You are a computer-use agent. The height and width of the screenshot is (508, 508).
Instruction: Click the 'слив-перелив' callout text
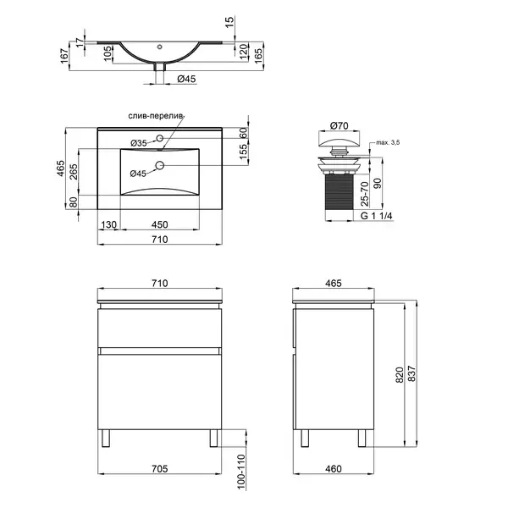[x=156, y=116]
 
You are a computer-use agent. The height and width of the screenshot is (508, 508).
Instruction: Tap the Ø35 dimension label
[x=139, y=143]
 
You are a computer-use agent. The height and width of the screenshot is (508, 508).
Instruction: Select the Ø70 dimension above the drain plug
[x=340, y=125]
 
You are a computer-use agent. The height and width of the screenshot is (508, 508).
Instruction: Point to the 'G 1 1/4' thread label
[x=377, y=216]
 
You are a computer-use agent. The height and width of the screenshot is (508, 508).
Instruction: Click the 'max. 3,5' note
[x=388, y=142]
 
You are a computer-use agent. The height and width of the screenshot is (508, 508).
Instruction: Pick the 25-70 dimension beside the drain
[x=364, y=194]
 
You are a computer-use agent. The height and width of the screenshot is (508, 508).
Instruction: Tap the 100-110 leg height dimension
[x=241, y=472]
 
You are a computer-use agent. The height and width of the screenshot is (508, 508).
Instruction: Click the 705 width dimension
[x=160, y=468]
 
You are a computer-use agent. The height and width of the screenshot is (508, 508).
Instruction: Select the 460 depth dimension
[x=334, y=468]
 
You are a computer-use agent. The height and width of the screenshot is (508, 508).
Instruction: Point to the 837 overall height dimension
[x=411, y=373]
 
